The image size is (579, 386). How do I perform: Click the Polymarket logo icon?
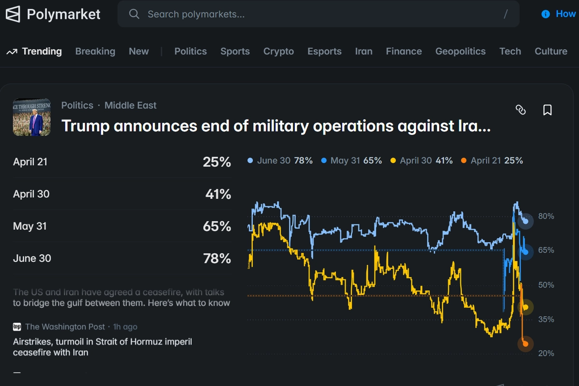[13, 14]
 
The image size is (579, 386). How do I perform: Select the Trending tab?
[41, 51]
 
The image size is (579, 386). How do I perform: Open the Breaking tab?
[95, 51]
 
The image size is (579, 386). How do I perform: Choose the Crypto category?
[278, 51]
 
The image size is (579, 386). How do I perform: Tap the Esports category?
[324, 51]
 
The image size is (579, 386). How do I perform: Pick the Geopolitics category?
[460, 51]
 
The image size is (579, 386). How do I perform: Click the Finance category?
[404, 51]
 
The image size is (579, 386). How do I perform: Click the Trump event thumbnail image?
[32, 117]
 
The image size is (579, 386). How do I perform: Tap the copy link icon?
[521, 110]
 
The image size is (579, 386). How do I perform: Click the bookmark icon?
[547, 110]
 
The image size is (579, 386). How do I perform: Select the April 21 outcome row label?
[30, 162]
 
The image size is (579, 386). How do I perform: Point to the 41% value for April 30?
[218, 194]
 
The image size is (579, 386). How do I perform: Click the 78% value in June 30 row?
[217, 259]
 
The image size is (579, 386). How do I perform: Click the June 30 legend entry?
[280, 161]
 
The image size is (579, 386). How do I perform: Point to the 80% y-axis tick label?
[546, 216]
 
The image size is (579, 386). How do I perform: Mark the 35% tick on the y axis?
[546, 319]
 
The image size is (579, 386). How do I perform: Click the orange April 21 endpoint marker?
[525, 344]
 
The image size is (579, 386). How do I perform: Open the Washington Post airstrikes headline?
[102, 347]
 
